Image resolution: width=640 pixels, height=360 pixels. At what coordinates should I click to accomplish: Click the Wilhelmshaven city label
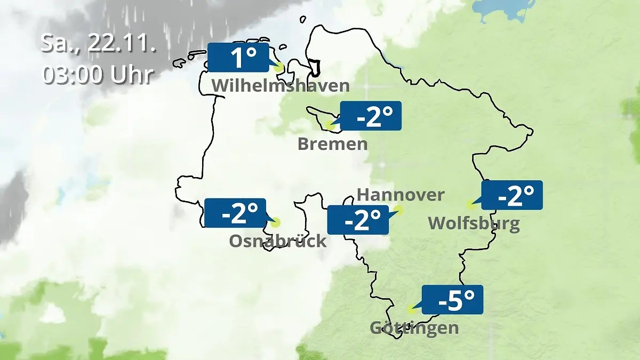[281, 86]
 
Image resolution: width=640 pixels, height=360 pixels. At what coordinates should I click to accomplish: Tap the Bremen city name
[332, 144]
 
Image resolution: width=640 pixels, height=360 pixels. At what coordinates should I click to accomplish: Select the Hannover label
[400, 195]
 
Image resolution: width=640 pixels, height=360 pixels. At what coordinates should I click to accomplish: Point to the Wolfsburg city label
[474, 223]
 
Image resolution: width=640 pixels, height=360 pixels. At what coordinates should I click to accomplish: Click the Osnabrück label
[277, 241]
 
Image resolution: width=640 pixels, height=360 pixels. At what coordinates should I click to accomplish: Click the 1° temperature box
[238, 58]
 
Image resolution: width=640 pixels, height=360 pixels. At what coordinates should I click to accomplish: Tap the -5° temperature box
[452, 300]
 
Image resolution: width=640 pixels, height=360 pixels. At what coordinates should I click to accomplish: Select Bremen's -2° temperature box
[371, 116]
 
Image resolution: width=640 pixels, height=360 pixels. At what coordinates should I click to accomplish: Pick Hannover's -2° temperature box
[357, 220]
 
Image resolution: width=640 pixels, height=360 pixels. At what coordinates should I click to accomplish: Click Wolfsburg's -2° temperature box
[512, 195]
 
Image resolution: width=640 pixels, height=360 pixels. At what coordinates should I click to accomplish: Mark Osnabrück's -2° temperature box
[235, 213]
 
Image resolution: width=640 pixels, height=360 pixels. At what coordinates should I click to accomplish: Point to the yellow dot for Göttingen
[411, 309]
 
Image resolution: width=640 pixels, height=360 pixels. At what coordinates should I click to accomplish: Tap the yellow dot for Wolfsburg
[470, 204]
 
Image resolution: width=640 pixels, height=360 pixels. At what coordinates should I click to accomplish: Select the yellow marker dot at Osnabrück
[275, 222]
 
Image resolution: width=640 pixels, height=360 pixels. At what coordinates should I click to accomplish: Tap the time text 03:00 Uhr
[98, 75]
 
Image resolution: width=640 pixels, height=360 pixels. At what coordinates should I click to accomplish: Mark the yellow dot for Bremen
[330, 126]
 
